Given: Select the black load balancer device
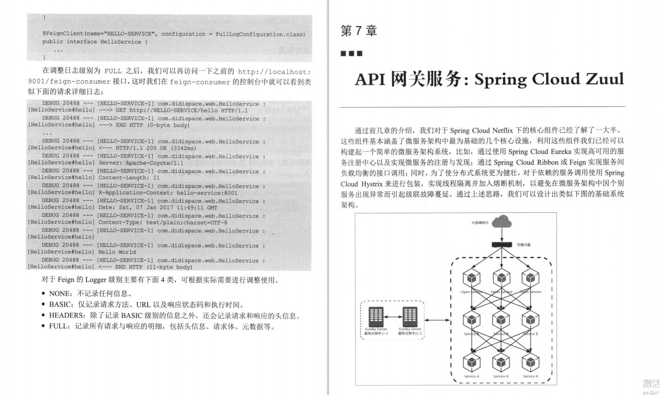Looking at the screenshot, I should [x=502, y=244].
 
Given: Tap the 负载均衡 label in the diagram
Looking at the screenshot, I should [x=524, y=244].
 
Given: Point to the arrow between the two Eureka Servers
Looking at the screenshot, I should [x=393, y=317].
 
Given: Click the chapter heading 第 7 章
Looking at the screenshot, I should [x=358, y=31].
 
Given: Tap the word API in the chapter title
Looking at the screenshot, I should [x=370, y=79].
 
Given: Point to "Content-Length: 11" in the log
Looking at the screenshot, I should [x=129, y=178].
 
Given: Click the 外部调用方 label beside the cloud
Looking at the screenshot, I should [x=480, y=224].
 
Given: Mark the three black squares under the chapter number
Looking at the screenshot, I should [x=351, y=53].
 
